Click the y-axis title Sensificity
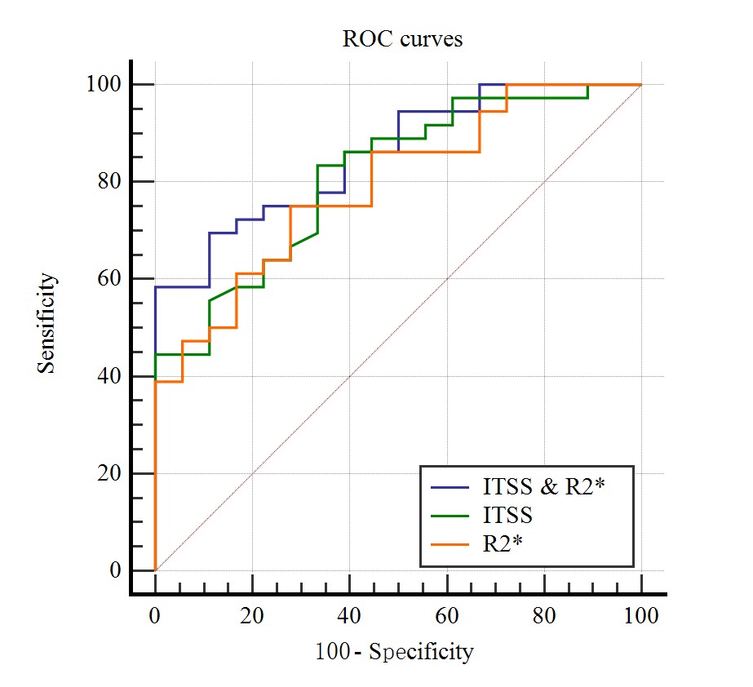point(47,323)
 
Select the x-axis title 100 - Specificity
point(393,652)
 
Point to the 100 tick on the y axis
point(105,84)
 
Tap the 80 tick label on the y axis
point(110,181)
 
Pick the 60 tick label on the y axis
point(110,278)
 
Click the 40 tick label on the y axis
point(110,376)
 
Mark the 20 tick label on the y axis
point(110,473)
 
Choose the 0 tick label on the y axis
point(115,570)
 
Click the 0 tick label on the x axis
point(155,615)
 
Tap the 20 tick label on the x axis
point(252,615)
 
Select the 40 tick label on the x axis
point(349,615)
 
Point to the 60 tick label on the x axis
point(447,615)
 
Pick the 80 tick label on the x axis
point(544,615)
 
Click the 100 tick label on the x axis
point(641,615)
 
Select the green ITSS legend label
point(507,515)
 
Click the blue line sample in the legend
point(450,488)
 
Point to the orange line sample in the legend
point(450,542)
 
